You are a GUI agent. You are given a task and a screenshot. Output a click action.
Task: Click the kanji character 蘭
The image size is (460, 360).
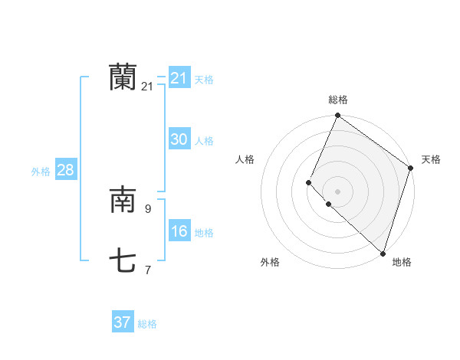[x=123, y=77]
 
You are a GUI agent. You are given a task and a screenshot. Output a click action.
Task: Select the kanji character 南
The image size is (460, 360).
[x=123, y=201]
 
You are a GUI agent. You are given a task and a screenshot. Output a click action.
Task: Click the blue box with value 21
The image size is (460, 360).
[x=179, y=78]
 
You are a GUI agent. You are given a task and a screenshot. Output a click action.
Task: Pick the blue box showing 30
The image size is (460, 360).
[x=179, y=139]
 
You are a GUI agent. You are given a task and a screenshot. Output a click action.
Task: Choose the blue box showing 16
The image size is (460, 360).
[x=179, y=232]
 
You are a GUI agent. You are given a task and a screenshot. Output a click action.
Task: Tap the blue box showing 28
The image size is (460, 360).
[x=65, y=170]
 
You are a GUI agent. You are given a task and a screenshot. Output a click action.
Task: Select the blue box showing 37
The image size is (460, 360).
[x=123, y=322]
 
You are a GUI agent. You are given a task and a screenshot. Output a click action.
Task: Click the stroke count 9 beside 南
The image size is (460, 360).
[x=148, y=208]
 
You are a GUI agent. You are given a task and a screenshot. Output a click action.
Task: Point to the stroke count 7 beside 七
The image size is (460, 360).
[x=148, y=269]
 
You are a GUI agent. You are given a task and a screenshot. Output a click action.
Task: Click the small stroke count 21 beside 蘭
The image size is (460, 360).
[x=147, y=87]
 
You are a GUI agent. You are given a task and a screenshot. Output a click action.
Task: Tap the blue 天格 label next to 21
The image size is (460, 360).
[x=204, y=79]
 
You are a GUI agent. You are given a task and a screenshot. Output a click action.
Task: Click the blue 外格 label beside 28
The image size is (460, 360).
[x=41, y=172]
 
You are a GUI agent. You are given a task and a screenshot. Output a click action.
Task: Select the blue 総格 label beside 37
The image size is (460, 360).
[x=147, y=324]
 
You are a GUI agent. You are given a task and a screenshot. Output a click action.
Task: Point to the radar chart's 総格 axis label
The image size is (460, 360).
[x=338, y=100]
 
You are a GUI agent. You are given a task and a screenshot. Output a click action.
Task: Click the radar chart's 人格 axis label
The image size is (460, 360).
[x=245, y=159]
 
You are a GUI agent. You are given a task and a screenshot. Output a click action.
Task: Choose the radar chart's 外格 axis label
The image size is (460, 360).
[x=270, y=262]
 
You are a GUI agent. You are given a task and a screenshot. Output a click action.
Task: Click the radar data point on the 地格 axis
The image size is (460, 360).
[x=383, y=253]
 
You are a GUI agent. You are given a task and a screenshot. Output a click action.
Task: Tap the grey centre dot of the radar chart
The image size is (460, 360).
[x=337, y=191]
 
